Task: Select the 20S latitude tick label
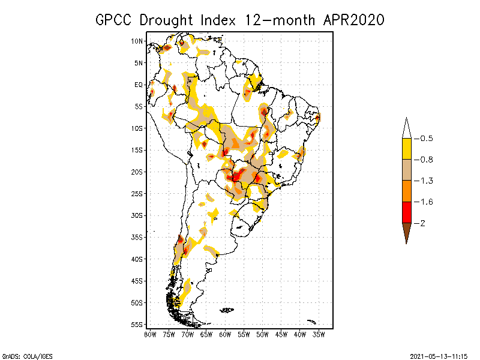click(x=138, y=172)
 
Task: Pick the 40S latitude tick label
click(x=138, y=259)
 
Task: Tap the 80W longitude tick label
click(x=150, y=334)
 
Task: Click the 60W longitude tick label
click(x=225, y=334)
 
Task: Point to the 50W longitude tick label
click(x=262, y=334)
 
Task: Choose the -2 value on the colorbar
click(x=423, y=223)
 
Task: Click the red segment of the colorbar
click(x=406, y=212)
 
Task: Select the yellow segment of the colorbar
click(x=406, y=149)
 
